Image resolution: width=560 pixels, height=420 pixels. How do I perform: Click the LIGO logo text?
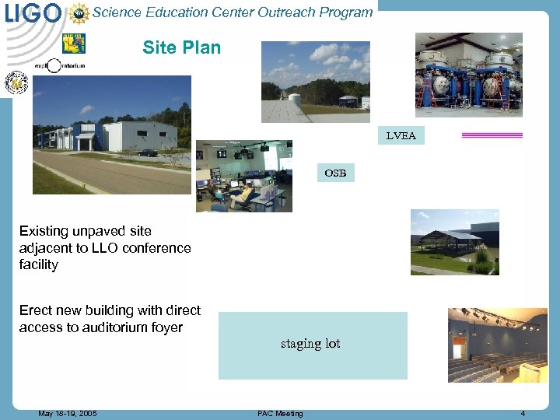[32, 12]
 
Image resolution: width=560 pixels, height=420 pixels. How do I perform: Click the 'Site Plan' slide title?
[181, 47]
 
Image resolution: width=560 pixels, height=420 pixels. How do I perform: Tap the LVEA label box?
[401, 135]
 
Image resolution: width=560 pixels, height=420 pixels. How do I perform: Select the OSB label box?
[335, 173]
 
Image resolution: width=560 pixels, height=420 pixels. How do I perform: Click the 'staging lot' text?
[310, 344]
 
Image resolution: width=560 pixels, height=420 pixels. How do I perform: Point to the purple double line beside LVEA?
[492, 135]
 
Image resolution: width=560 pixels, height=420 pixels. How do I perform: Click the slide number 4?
[523, 414]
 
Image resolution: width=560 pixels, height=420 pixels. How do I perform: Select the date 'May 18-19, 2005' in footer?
[68, 414]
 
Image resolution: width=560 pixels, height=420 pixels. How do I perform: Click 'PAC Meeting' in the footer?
[280, 414]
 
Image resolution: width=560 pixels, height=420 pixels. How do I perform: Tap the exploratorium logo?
[58, 65]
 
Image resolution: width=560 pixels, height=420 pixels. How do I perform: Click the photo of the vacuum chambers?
[468, 75]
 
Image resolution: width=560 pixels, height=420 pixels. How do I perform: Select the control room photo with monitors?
[243, 176]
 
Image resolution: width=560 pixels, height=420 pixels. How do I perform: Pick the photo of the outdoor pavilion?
[454, 242]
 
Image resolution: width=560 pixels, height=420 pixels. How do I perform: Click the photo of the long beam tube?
[315, 82]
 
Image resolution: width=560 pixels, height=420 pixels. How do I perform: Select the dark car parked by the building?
[147, 152]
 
